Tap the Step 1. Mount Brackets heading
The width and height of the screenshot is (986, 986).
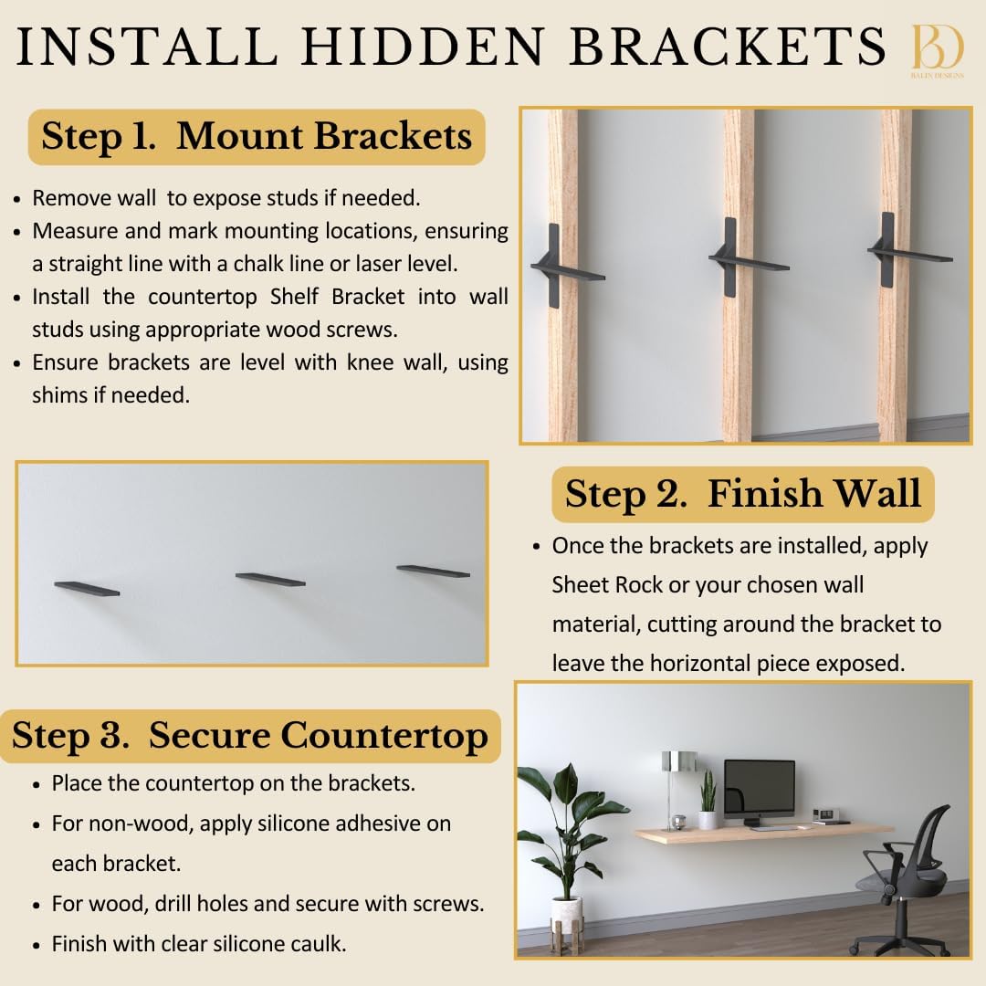point(257,137)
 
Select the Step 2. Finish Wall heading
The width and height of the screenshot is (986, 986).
point(742,494)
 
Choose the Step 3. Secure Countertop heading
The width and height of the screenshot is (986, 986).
point(250,736)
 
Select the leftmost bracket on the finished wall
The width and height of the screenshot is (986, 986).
point(87,589)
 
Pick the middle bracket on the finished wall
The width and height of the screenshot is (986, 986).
point(270,579)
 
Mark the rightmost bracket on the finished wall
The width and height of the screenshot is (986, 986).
point(434,572)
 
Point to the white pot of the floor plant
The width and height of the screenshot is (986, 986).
point(566,912)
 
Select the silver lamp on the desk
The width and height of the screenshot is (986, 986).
point(679,776)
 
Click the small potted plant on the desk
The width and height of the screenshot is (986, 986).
point(708,801)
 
